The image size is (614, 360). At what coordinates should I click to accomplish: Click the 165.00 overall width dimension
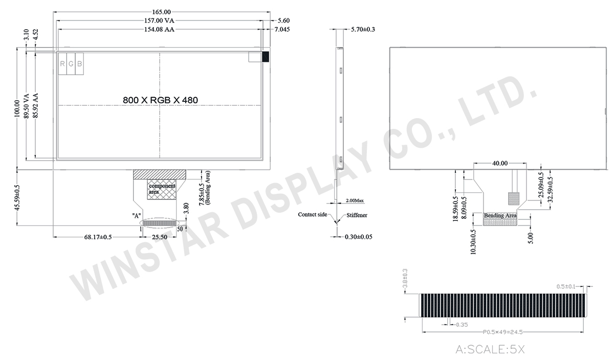tap(162, 12)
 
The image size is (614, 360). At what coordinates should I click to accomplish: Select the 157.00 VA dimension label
tap(159, 20)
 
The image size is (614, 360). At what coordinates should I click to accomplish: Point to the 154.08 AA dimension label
tap(159, 29)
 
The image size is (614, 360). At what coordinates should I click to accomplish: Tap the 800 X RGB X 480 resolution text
tap(160, 100)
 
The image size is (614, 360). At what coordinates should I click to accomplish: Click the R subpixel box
tap(62, 64)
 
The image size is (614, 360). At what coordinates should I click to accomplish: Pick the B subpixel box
tap(79, 64)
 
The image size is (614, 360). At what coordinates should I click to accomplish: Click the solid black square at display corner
tap(266, 57)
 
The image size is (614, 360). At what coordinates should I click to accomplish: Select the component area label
tap(162, 189)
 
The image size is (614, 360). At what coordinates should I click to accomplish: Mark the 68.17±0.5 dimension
tap(98, 237)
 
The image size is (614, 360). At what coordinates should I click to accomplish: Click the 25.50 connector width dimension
tap(160, 237)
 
